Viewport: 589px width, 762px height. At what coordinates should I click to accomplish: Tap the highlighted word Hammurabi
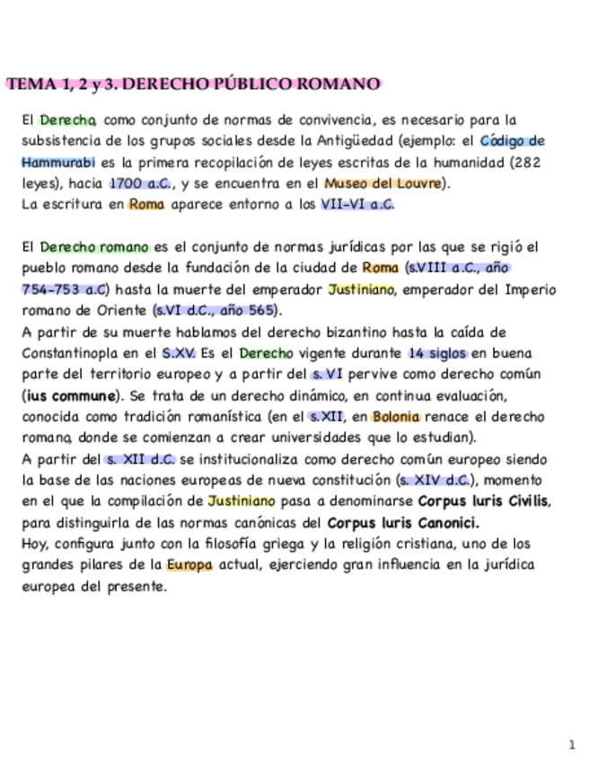coord(57,163)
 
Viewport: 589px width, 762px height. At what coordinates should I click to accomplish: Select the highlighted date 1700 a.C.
coord(139,183)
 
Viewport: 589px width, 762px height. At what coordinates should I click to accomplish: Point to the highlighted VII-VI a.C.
coord(356,204)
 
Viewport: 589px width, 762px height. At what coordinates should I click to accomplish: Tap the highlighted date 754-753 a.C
coord(65,289)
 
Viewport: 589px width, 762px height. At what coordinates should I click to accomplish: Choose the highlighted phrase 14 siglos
coord(437,353)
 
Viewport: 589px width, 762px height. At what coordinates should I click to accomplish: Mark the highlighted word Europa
coord(189,565)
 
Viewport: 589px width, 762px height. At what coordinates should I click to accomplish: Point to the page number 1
coord(571,744)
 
